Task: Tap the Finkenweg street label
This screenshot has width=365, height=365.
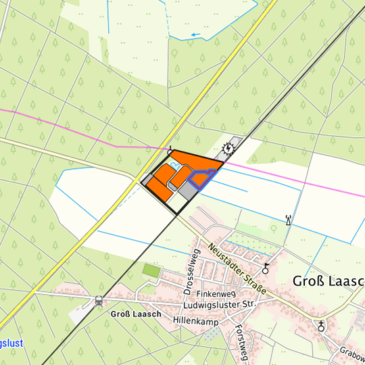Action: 215,295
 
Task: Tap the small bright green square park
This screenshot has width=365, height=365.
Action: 151,270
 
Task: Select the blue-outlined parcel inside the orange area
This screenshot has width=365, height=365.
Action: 202,177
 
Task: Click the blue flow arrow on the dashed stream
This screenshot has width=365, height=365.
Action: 195,34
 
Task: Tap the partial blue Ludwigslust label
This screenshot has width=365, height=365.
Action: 11,343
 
